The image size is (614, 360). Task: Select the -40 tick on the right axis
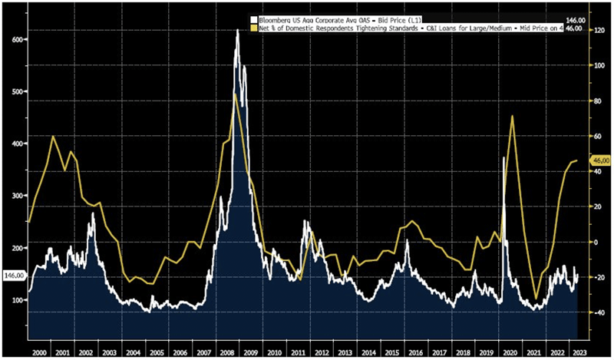[x=597, y=312]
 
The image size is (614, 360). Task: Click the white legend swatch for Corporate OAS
[x=253, y=18]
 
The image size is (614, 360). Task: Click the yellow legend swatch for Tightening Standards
[x=253, y=26]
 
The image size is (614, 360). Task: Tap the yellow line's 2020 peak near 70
[x=512, y=117]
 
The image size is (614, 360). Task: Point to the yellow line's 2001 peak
[x=53, y=137]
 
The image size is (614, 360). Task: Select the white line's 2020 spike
[x=503, y=158]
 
